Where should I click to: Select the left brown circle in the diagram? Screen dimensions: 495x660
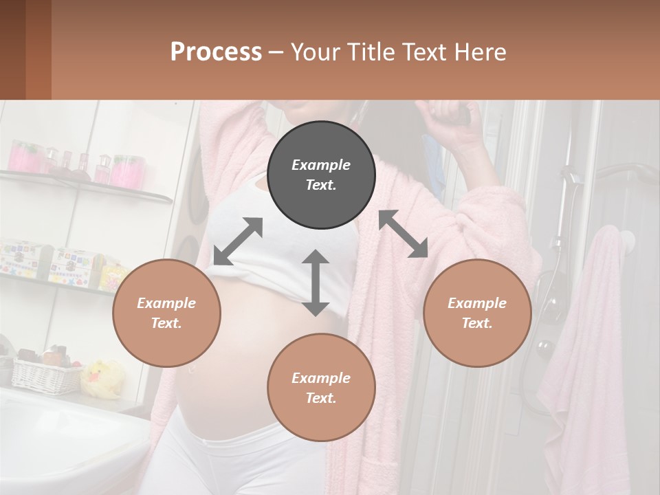[166, 313]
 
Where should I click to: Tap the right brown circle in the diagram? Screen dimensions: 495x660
[477, 313]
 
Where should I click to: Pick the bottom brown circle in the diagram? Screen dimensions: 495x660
[321, 388]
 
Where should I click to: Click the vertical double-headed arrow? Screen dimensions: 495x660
[316, 283]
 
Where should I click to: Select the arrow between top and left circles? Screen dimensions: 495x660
[238, 241]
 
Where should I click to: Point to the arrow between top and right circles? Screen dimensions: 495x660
[403, 234]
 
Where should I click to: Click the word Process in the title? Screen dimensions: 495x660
[216, 52]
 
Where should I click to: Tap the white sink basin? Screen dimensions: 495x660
[62, 426]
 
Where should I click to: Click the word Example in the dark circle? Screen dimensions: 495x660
[321, 165]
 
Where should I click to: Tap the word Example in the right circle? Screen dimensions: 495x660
[477, 303]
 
